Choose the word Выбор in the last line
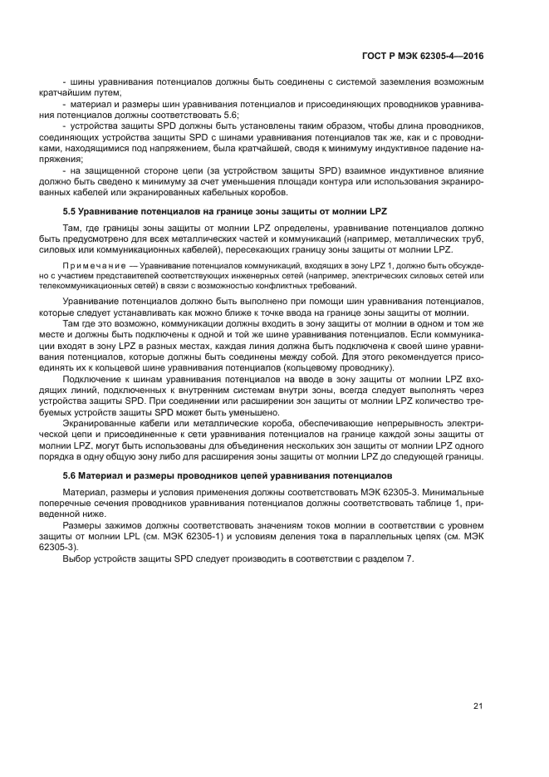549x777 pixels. coord(77,558)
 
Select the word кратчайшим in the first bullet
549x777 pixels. coord(89,92)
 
